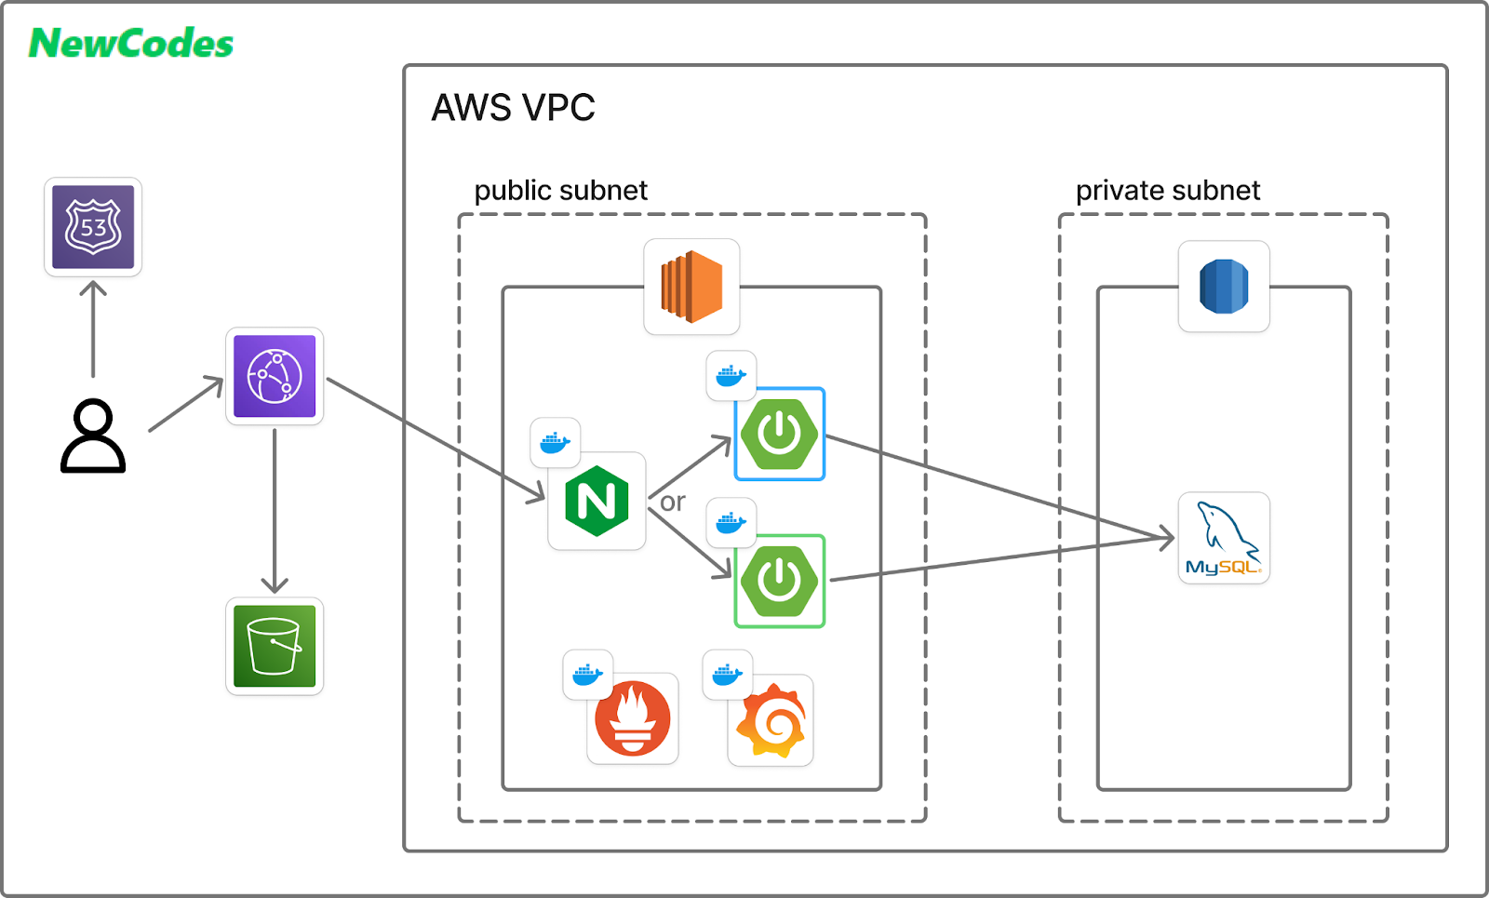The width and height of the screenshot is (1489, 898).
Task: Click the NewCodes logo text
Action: [x=131, y=44]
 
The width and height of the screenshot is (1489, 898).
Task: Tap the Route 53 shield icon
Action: [x=93, y=227]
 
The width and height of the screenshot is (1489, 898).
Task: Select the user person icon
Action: [x=93, y=436]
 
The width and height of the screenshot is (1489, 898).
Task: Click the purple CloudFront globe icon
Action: [x=275, y=376]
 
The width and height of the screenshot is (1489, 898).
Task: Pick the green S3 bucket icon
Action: [x=275, y=646]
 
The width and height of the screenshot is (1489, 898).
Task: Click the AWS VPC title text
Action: [x=513, y=108]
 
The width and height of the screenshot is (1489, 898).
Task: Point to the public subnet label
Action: [x=560, y=191]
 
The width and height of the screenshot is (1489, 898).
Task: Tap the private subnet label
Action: [x=1167, y=191]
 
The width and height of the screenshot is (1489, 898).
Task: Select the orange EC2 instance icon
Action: [x=691, y=287]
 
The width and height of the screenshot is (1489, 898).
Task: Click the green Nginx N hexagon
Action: [x=597, y=501]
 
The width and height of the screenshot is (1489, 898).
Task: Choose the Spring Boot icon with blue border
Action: [x=780, y=434]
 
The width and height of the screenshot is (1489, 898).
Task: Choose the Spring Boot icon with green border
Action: [x=780, y=581]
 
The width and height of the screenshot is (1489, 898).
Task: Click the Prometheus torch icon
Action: [x=633, y=718]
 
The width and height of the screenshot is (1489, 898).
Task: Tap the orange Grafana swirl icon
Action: [x=771, y=720]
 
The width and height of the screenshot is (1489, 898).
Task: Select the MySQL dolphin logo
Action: [x=1224, y=538]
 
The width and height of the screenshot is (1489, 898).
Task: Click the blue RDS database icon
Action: [x=1224, y=286]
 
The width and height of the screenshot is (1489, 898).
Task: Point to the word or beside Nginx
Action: [x=673, y=503]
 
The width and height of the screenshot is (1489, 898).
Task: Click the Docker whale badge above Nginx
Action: [x=555, y=443]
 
